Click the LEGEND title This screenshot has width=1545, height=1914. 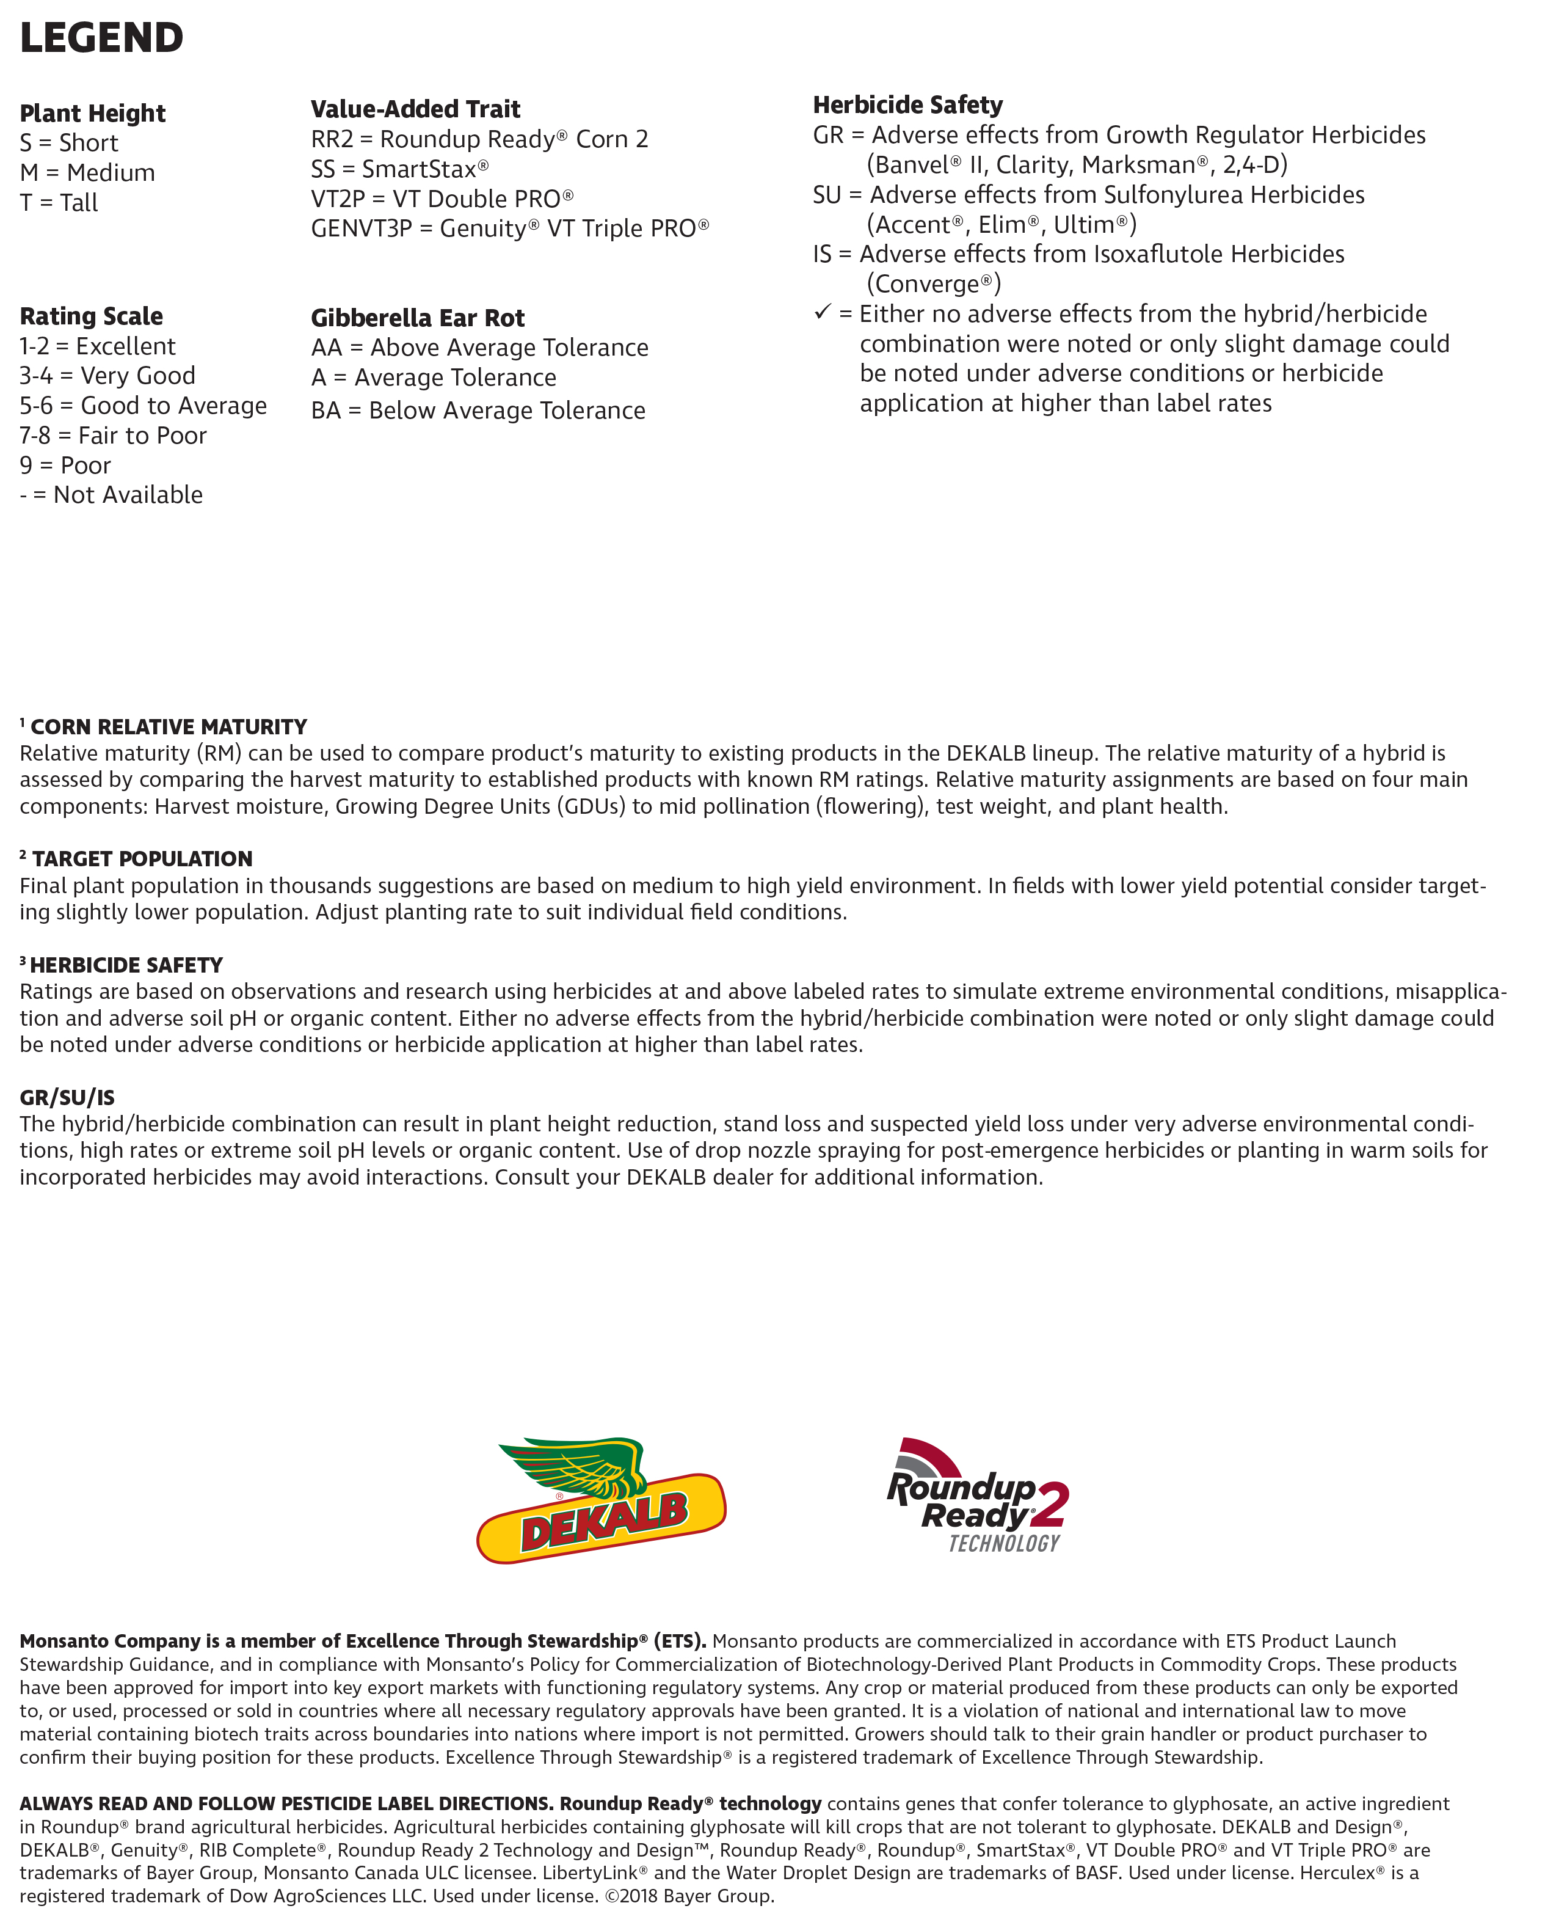pyautogui.click(x=101, y=38)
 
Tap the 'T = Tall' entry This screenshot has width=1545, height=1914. pyautogui.click(x=59, y=203)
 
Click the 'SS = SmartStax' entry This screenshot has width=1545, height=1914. pyautogui.click(x=399, y=169)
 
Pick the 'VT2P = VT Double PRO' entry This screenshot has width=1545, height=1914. pyautogui.click(x=442, y=199)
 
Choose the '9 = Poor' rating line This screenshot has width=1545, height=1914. pyautogui.click(x=65, y=465)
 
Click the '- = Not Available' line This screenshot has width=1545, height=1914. pyautogui.click(x=111, y=495)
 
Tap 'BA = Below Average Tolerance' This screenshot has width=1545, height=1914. pyautogui.click(x=478, y=411)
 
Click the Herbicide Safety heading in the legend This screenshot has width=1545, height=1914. pyautogui.click(x=908, y=105)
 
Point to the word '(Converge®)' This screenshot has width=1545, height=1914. pyautogui.click(x=934, y=284)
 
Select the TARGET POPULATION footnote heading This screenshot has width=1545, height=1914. pyautogui.click(x=142, y=859)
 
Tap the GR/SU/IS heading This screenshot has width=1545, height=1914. pyautogui.click(x=67, y=1098)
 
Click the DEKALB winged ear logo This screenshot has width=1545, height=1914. pyautogui.click(x=602, y=1499)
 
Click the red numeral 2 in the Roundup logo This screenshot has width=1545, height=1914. pyautogui.click(x=1050, y=1505)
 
